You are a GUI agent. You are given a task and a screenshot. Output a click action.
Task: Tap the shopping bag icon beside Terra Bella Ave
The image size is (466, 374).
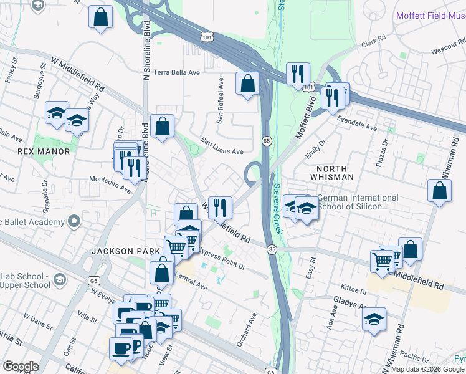pyautogui.click(x=247, y=84)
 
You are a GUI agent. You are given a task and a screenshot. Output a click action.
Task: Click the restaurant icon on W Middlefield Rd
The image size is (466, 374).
pyautogui.click(x=219, y=207)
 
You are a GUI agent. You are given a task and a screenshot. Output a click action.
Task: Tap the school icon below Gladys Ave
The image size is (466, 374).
pyautogui.click(x=374, y=320)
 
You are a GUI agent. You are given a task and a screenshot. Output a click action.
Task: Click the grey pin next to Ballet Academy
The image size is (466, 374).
pyautogui.click(x=75, y=221)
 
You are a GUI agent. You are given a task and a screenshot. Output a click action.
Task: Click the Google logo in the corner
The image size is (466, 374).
pyautogui.click(x=21, y=367)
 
